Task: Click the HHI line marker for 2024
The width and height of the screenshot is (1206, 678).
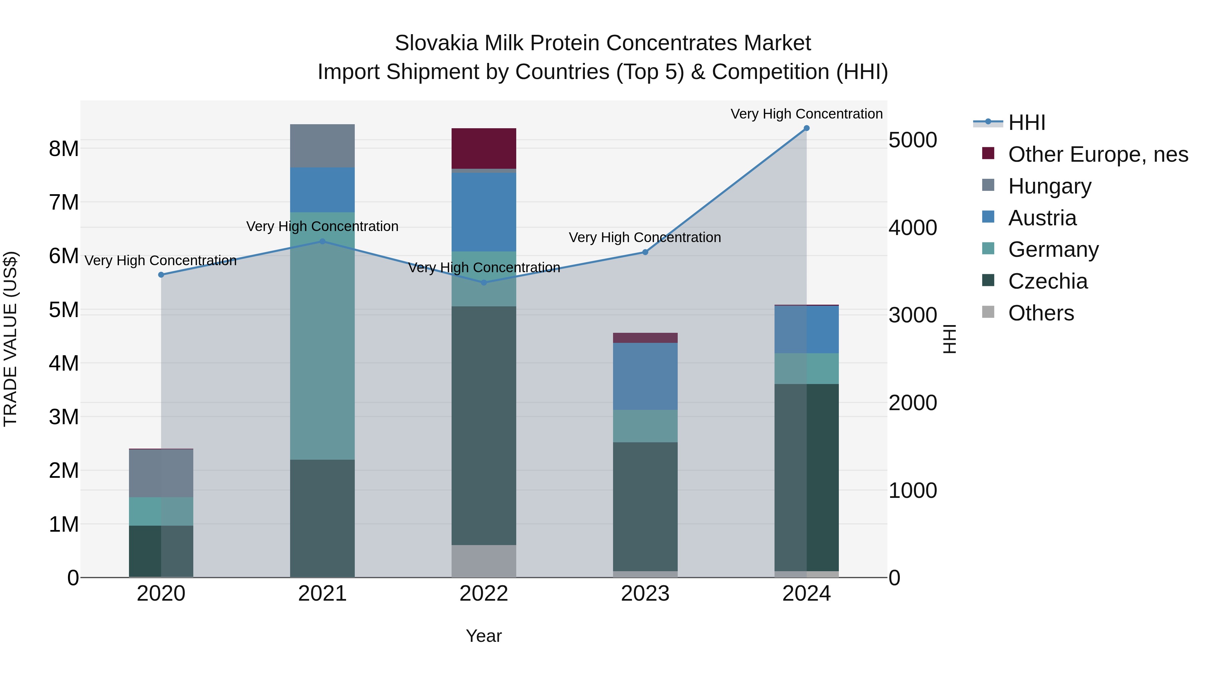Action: (806, 128)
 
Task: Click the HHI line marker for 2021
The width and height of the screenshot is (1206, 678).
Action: (322, 241)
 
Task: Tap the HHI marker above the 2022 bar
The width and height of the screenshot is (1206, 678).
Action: (484, 283)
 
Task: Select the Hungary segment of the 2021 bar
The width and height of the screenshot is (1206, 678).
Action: (322, 146)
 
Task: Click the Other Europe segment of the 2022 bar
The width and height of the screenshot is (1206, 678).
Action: (484, 148)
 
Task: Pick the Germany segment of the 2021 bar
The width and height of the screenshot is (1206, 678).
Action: (322, 336)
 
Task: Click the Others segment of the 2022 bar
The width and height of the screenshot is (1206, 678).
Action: (484, 561)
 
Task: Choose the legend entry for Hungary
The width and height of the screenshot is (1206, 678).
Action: (1049, 186)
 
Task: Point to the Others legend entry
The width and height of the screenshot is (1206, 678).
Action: (1041, 313)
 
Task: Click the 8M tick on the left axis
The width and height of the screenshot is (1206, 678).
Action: (64, 149)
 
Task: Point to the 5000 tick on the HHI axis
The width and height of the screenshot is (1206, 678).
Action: (913, 140)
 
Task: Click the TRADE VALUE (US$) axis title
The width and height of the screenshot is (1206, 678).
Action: (10, 339)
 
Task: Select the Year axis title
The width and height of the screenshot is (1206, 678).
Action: (484, 636)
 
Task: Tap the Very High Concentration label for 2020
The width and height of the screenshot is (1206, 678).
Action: (160, 260)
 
